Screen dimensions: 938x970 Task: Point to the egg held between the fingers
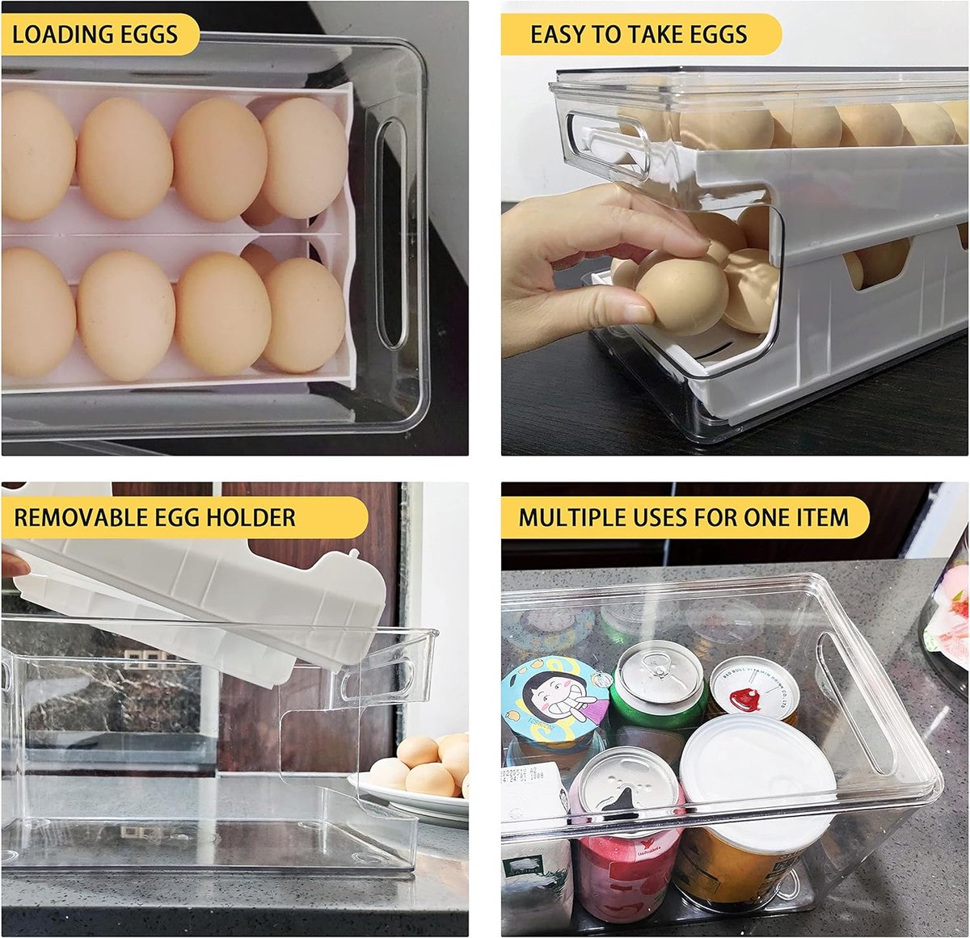681,295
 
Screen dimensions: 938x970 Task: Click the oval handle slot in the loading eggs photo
391,234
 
